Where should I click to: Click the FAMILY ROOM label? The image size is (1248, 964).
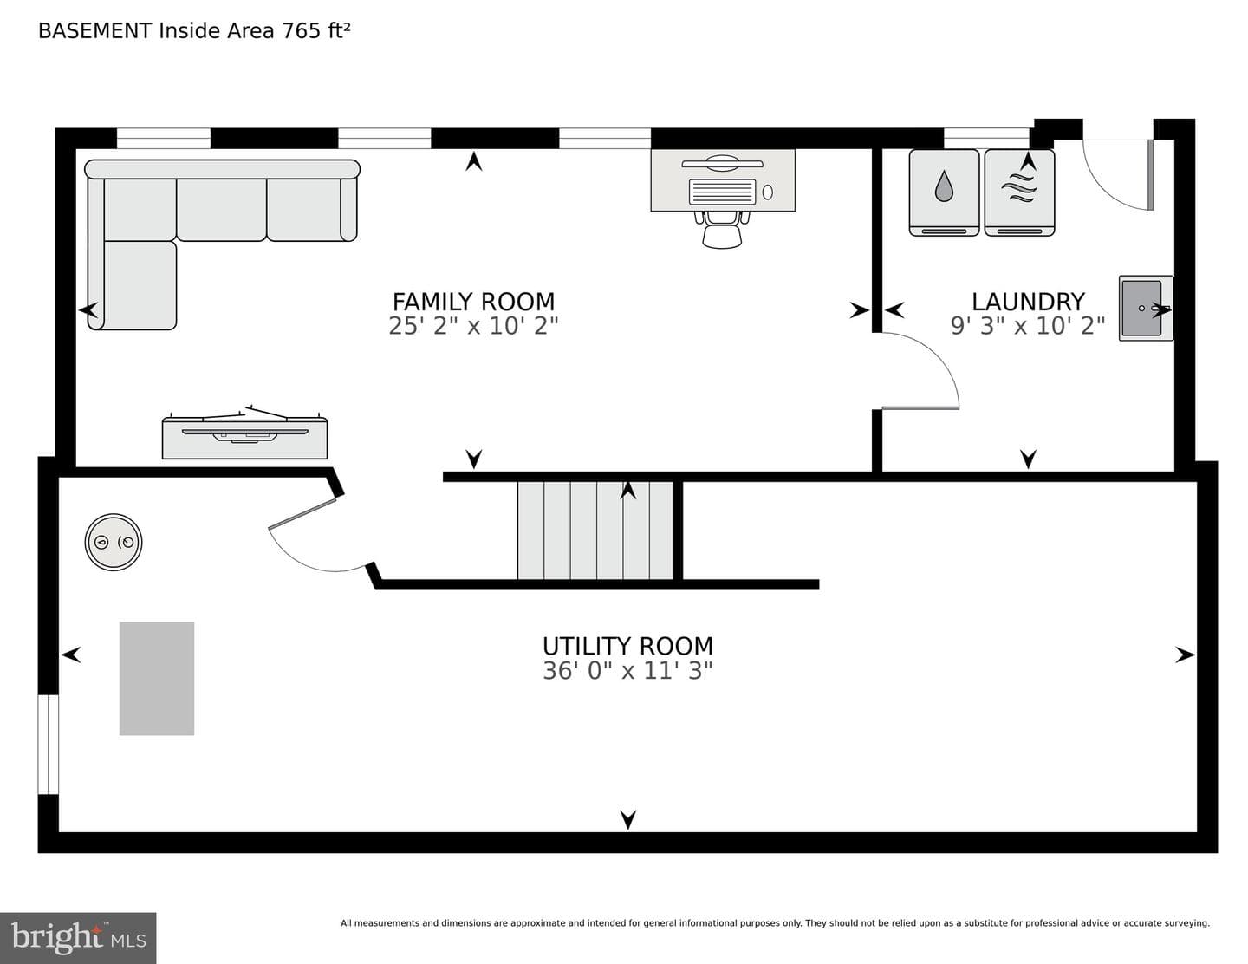473,302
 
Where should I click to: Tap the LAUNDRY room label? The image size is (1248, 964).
1028,302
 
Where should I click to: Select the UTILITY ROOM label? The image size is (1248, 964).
627,647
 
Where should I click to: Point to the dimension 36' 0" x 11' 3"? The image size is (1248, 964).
627,670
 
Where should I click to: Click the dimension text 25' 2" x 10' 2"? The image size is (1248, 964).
473,326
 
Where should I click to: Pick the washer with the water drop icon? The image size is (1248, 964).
944,192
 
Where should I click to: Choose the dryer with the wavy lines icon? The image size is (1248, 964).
1019,192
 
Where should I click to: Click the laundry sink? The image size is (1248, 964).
1145,308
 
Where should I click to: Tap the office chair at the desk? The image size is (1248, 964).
722,229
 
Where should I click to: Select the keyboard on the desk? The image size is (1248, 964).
722,192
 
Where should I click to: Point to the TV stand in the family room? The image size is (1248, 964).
244,438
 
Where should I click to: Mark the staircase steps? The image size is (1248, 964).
595,531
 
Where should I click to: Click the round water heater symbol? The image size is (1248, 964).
114,542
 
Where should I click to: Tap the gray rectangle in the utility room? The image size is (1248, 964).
157,679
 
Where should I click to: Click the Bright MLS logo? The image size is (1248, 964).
78,938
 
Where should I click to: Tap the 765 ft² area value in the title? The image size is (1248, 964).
315,30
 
